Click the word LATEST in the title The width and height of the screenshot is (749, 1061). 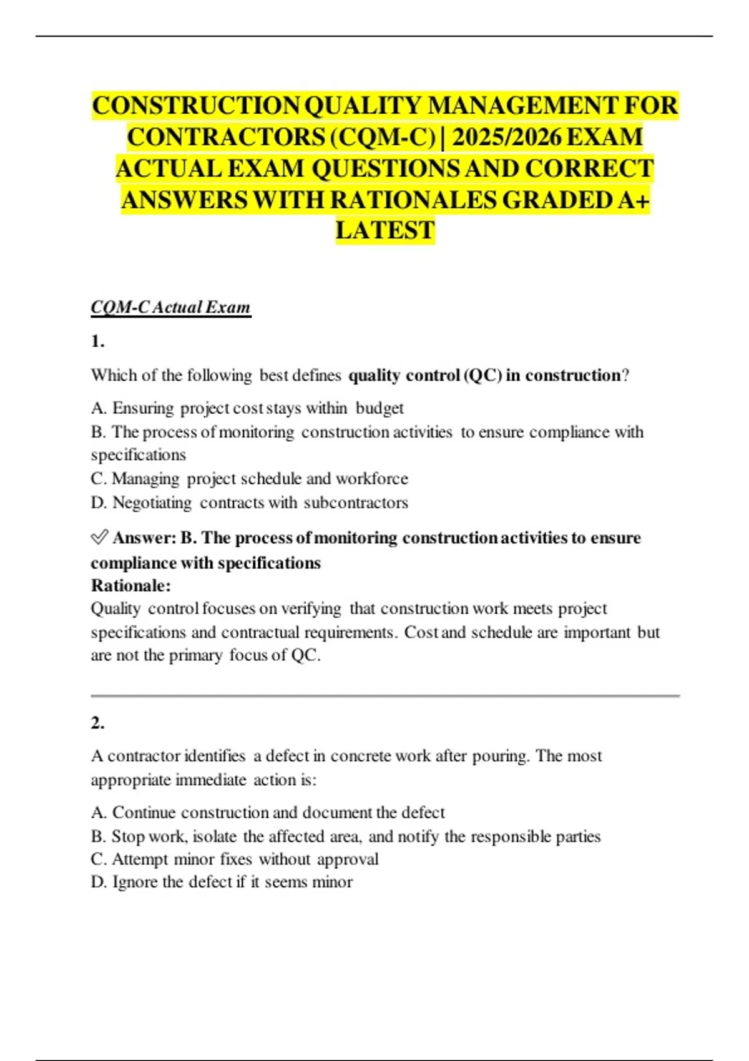click(x=384, y=230)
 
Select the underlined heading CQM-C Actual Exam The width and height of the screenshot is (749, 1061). click(x=170, y=307)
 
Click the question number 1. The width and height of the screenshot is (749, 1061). click(x=97, y=341)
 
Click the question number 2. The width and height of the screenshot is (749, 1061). click(x=97, y=723)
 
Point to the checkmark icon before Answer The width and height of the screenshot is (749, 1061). click(x=99, y=537)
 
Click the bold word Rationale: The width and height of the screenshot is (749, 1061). click(x=130, y=585)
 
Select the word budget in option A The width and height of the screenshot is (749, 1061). click(x=379, y=408)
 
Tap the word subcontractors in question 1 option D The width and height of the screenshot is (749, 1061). click(x=356, y=502)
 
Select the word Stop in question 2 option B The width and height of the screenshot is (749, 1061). click(x=127, y=836)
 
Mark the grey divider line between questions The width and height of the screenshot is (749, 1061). click(x=384, y=695)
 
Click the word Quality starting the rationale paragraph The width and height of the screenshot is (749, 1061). click(x=115, y=609)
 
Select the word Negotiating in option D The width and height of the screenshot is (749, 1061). click(x=152, y=502)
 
